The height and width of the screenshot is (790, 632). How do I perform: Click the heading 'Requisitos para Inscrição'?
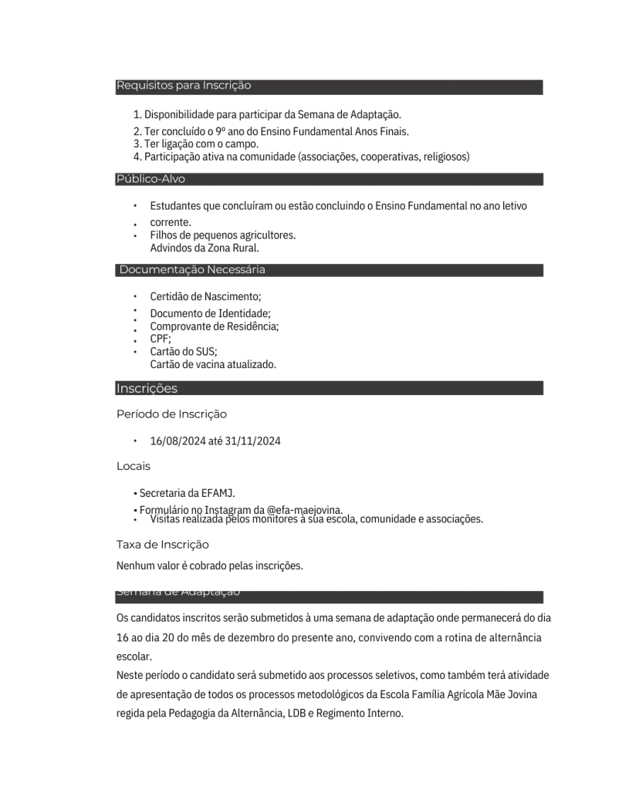click(184, 86)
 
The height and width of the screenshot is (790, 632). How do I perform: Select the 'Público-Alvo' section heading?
click(150, 179)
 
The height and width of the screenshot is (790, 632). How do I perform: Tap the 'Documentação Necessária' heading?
click(192, 270)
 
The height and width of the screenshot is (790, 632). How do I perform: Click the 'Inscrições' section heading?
click(147, 388)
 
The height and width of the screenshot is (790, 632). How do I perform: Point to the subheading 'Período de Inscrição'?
click(171, 414)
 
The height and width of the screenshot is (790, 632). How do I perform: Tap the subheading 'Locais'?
click(133, 466)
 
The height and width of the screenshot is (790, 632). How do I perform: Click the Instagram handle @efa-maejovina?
click(304, 509)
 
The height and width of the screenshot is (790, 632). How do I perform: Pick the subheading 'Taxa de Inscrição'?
click(163, 545)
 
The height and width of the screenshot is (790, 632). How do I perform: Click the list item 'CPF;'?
click(161, 339)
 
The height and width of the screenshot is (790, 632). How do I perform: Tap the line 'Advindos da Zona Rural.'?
click(204, 248)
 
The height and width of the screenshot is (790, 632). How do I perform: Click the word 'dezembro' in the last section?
click(282, 638)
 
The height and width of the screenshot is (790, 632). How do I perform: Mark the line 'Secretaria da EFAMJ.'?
click(187, 493)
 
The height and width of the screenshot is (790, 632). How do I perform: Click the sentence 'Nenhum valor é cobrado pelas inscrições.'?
click(210, 565)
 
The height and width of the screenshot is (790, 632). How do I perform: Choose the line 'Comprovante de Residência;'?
click(214, 326)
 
